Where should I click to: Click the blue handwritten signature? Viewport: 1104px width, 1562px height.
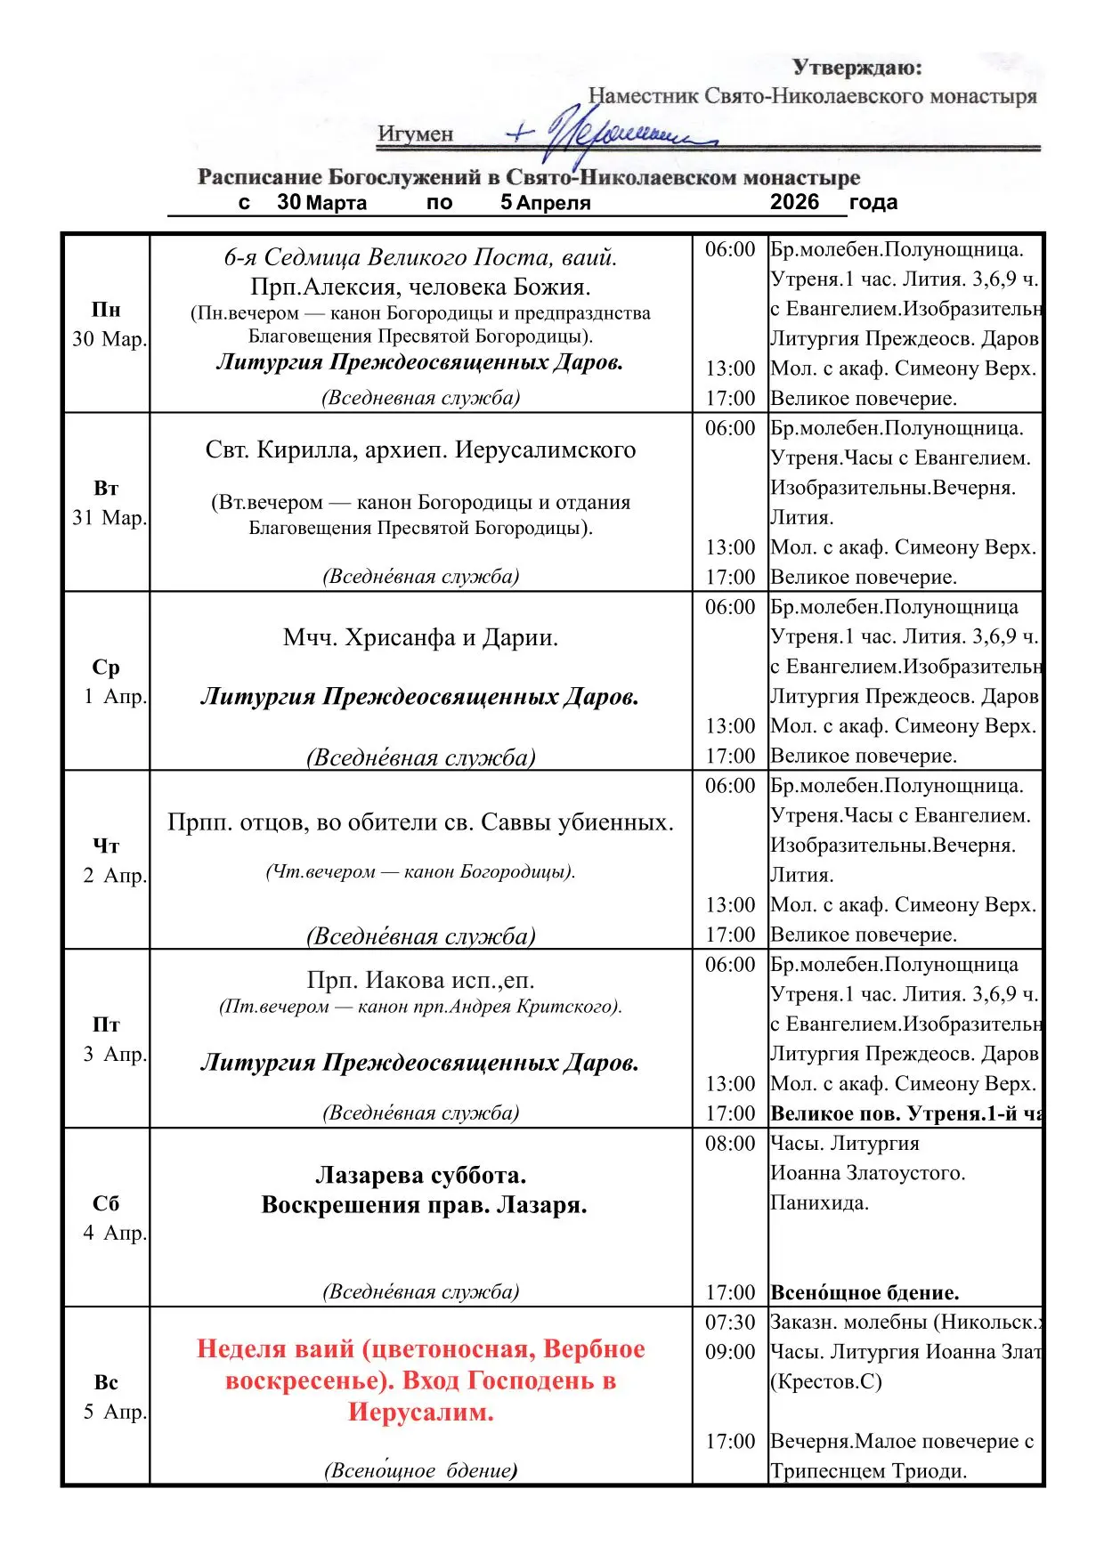614,134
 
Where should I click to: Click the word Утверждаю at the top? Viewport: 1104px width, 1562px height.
856,68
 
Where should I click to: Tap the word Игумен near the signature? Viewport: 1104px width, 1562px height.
415,134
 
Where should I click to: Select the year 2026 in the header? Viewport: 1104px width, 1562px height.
794,202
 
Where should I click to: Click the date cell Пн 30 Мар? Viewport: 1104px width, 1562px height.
107,324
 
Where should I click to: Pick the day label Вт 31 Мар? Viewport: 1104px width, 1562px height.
107,503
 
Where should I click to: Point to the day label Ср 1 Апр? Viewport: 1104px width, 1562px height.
107,682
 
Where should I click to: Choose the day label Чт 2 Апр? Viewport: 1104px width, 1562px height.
107,861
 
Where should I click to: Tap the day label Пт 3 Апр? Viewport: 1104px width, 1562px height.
107,1040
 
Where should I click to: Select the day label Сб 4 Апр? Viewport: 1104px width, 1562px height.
107,1218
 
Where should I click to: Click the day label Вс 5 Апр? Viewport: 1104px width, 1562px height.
107,1397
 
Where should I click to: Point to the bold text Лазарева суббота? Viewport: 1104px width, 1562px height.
420,1175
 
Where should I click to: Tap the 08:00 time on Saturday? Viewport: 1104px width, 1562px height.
730,1144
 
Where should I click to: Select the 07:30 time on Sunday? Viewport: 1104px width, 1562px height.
730,1323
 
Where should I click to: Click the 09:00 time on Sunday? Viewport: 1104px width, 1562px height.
730,1352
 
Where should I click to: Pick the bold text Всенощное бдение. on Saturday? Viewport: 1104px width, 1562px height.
865,1292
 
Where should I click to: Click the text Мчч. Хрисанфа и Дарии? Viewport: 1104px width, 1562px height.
420,638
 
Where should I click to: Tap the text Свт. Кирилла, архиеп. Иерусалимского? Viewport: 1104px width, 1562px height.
420,450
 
